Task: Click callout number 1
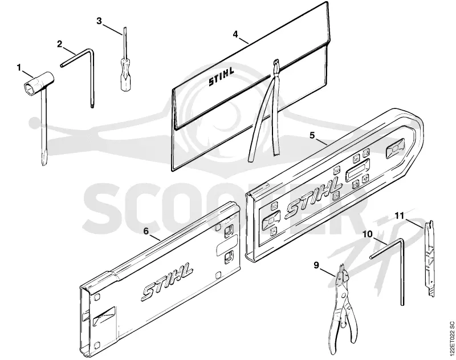coord(19,68)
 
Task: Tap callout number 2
coord(59,45)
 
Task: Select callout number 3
coord(99,21)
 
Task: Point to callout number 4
coord(235,34)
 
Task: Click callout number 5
coord(312,135)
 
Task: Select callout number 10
coord(368,234)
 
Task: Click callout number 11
coord(400,216)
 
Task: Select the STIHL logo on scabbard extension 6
coord(167,281)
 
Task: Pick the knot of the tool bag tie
coord(276,65)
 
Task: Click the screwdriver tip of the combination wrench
coord(44,160)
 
